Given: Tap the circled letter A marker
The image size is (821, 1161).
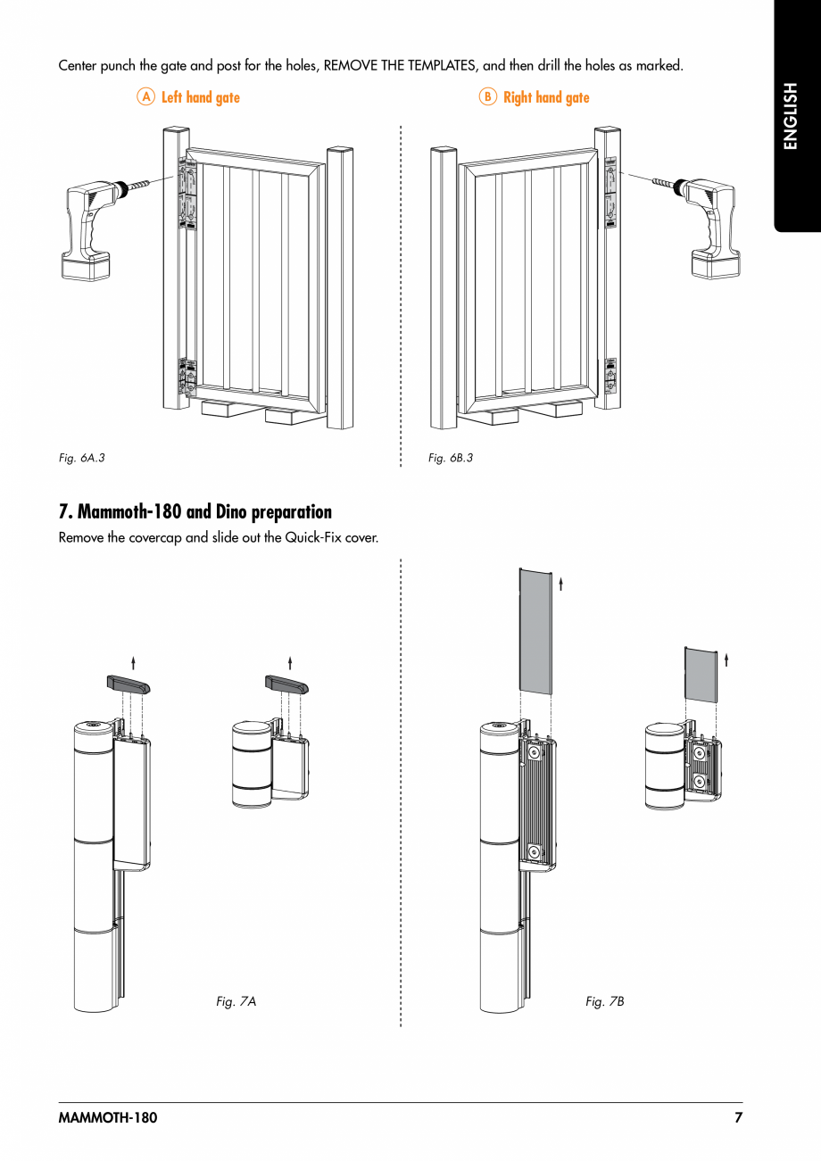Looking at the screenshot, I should point(145,97).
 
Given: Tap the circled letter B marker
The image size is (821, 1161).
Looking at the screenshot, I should point(487,97).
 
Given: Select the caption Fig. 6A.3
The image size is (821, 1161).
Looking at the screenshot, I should point(81,458).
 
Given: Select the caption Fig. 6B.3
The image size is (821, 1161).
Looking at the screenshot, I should point(451,458).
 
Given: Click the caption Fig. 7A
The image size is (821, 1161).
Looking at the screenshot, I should point(236,1001).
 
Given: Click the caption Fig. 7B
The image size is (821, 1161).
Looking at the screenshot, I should point(605,1001).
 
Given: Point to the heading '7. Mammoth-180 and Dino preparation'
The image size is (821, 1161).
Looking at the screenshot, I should point(195,512).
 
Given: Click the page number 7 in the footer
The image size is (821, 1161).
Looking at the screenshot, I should point(738,1118).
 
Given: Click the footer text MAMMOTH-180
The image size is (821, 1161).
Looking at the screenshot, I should point(107,1118).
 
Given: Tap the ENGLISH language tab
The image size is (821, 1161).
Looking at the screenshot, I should point(790,116).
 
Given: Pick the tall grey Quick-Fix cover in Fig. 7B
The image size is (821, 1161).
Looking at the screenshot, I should point(535,631).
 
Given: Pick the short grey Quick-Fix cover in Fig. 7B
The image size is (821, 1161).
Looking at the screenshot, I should point(701,674).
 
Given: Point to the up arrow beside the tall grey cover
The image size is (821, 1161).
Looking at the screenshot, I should point(560,585).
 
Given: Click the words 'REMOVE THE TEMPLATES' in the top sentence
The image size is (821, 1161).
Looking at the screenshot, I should point(401,66).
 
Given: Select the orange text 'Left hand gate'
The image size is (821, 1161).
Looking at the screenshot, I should point(201,97).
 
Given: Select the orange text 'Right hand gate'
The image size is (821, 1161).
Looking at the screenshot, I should point(546,97).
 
